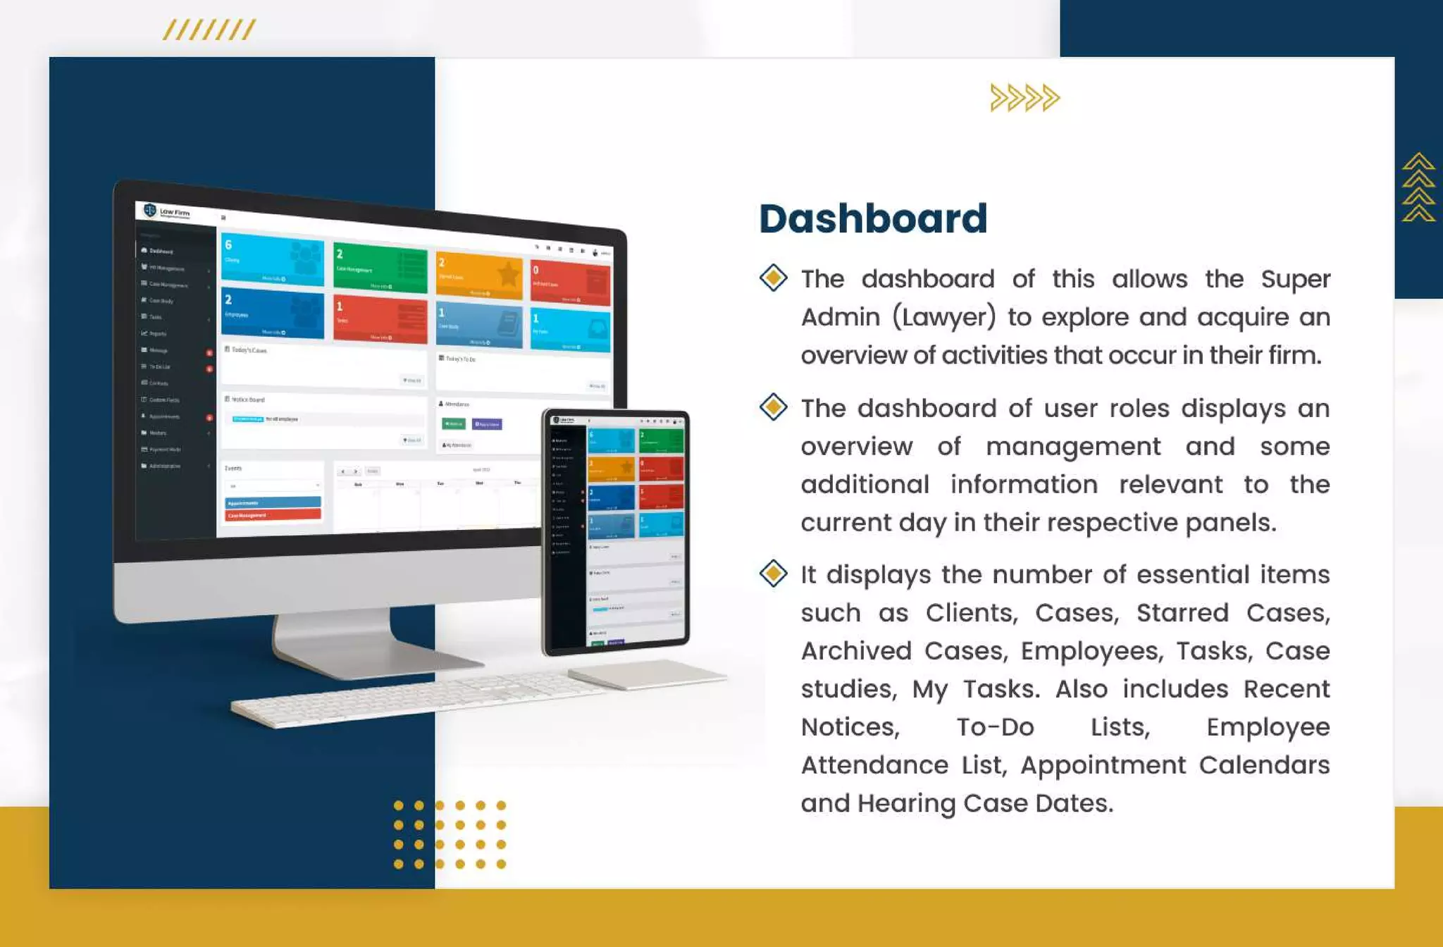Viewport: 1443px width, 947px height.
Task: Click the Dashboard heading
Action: pyautogui.click(x=872, y=218)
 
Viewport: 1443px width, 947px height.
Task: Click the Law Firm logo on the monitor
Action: pyautogui.click(x=167, y=211)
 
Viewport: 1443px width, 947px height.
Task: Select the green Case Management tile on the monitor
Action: pyautogui.click(x=380, y=268)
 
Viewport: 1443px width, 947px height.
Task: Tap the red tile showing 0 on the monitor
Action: pyautogui.click(x=570, y=283)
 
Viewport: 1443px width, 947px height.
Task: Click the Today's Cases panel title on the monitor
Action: pyautogui.click(x=249, y=350)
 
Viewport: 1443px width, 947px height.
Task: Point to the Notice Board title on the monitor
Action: pyautogui.click(x=247, y=400)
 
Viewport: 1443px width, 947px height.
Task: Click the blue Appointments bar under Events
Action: pyautogui.click(x=273, y=502)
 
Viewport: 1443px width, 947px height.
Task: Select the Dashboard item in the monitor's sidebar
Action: pyautogui.click(x=161, y=251)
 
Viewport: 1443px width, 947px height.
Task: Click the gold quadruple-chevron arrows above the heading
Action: pyautogui.click(x=1024, y=98)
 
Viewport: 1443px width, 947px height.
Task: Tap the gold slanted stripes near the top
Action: pyautogui.click(x=209, y=30)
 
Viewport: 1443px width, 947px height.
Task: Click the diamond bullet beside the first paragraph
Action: pyautogui.click(x=773, y=278)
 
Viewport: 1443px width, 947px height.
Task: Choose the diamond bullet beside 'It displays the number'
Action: pyautogui.click(x=773, y=573)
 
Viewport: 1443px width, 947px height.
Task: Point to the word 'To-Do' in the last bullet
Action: pyautogui.click(x=995, y=726)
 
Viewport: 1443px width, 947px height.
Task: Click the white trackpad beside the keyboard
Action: pyautogui.click(x=647, y=674)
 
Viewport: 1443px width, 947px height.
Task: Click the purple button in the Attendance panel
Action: pyautogui.click(x=487, y=424)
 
